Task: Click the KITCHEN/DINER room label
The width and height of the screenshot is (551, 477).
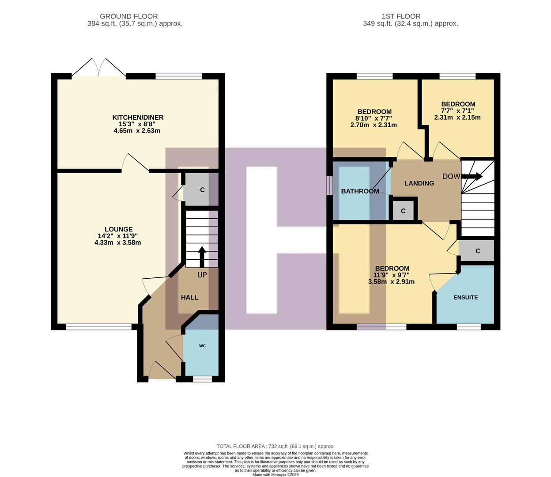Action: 138,117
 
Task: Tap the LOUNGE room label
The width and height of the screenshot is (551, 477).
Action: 118,229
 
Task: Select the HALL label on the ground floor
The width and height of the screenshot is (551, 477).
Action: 189,297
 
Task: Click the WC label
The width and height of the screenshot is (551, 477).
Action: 202,346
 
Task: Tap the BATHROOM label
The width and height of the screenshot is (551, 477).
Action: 360,191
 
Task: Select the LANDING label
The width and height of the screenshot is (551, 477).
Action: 419,183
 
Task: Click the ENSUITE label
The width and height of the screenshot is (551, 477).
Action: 465,297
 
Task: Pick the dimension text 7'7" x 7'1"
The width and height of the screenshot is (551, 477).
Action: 457,111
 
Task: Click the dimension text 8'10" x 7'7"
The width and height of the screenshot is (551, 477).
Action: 374,118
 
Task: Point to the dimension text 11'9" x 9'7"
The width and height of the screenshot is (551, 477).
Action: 391,275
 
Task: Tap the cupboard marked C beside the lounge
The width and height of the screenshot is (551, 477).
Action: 202,190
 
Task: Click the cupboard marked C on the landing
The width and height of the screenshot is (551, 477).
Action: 403,211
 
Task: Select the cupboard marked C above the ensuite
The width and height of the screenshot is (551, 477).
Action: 477,251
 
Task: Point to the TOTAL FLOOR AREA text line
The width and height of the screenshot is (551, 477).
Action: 275,447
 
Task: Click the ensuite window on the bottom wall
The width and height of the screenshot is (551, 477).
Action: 468,327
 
